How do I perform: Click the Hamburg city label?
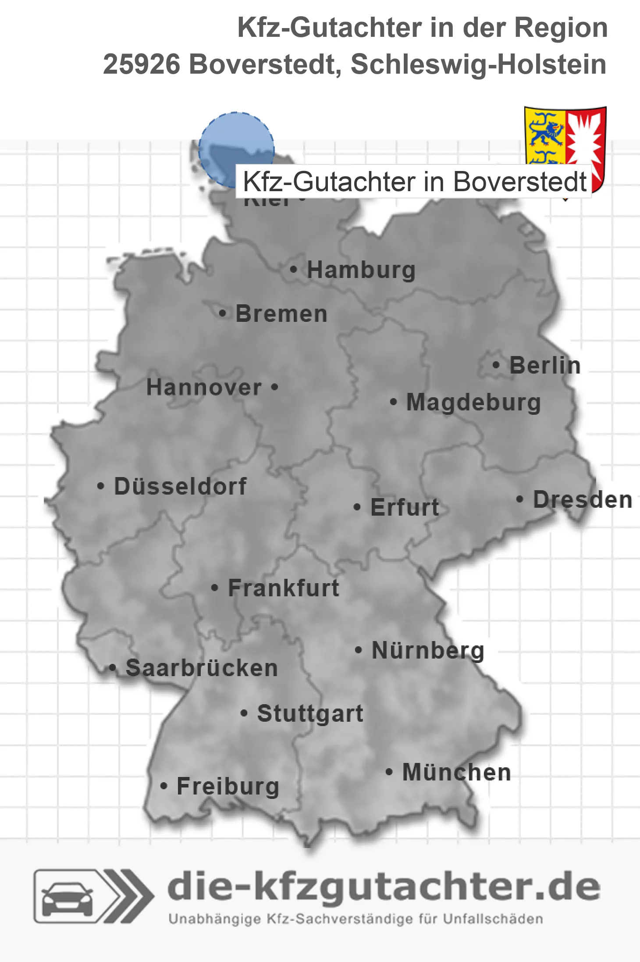[x=361, y=270]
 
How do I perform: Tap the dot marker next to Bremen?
[x=223, y=314]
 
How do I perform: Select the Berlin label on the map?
[x=545, y=365]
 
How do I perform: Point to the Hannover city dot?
[x=275, y=387]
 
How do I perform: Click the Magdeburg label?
[x=473, y=402]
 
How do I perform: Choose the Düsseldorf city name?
[x=180, y=486]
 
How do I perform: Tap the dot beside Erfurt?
[x=357, y=507]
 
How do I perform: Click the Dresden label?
[x=582, y=499]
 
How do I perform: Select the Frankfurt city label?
[x=283, y=588]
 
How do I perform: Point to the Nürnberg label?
[x=428, y=650]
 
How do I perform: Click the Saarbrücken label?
[x=202, y=668]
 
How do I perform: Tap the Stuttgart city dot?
[x=244, y=713]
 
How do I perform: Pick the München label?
[x=456, y=772]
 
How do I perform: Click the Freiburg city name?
[x=228, y=786]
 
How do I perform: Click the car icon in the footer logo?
[x=67, y=897]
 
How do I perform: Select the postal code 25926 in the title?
[x=141, y=64]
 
